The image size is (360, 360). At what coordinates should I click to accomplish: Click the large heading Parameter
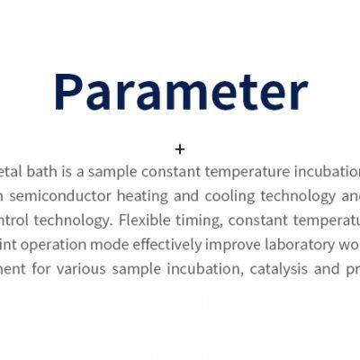pyautogui.click(x=180, y=91)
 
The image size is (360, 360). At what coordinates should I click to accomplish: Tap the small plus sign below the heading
pyautogui.click(x=180, y=149)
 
